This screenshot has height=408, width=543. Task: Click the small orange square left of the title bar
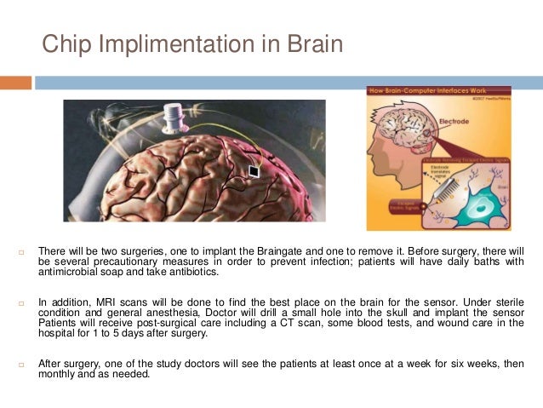[15, 83]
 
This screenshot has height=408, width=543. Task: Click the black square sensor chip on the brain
[253, 171]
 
